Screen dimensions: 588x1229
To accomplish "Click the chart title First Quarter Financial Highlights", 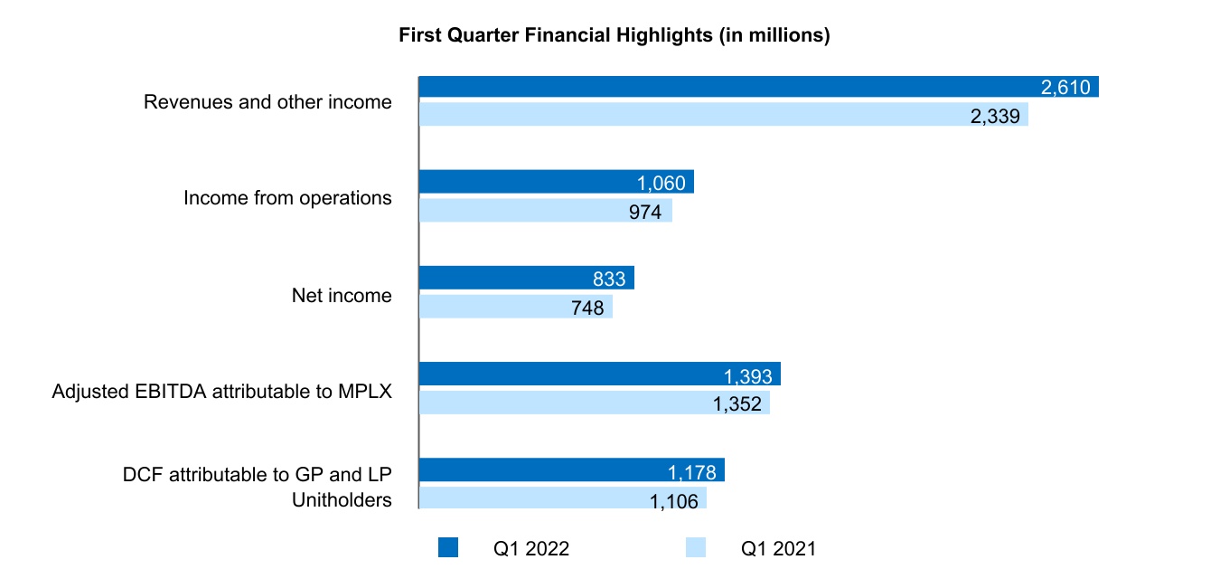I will tap(614, 36).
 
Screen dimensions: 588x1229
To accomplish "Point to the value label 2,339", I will tap(998, 116).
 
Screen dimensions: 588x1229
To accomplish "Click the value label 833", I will tap(609, 279).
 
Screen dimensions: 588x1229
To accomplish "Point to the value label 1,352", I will tap(739, 403).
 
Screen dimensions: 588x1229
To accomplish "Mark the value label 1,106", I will tap(674, 500).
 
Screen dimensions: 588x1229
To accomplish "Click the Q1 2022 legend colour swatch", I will tap(448, 547).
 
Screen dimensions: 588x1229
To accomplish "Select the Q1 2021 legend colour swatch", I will tap(695, 547).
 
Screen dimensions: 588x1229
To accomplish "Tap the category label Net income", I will tap(342, 295).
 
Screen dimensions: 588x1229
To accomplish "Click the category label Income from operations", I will tap(287, 197).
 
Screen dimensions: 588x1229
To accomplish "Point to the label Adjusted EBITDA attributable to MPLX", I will tap(222, 392).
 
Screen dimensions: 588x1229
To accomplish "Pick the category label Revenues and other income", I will tap(267, 101).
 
